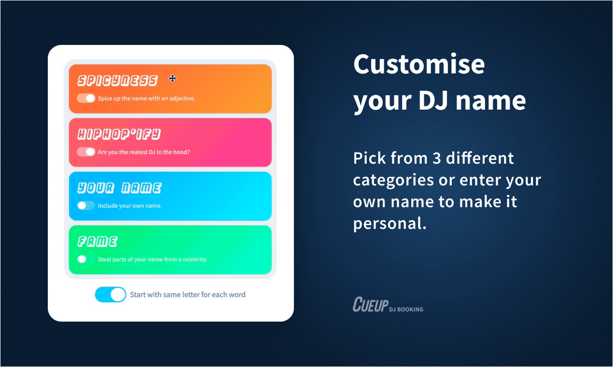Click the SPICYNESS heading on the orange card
tap(117, 81)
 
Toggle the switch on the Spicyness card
tap(86, 98)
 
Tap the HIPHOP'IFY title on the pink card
tap(119, 134)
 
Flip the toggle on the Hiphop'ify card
tap(86, 152)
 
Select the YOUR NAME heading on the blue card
tap(119, 188)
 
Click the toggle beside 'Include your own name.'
tap(86, 205)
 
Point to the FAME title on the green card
tap(98, 241)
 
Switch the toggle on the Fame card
tap(86, 259)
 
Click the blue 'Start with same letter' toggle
tap(111, 295)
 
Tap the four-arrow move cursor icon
tap(172, 79)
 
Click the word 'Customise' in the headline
tap(419, 64)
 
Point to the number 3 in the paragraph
tap(437, 158)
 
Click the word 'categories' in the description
tap(393, 181)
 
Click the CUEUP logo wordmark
tap(371, 304)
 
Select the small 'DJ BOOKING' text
tap(406, 310)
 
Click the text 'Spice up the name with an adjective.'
tap(147, 99)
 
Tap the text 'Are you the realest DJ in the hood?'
tap(144, 152)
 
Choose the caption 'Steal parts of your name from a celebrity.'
tap(153, 259)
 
